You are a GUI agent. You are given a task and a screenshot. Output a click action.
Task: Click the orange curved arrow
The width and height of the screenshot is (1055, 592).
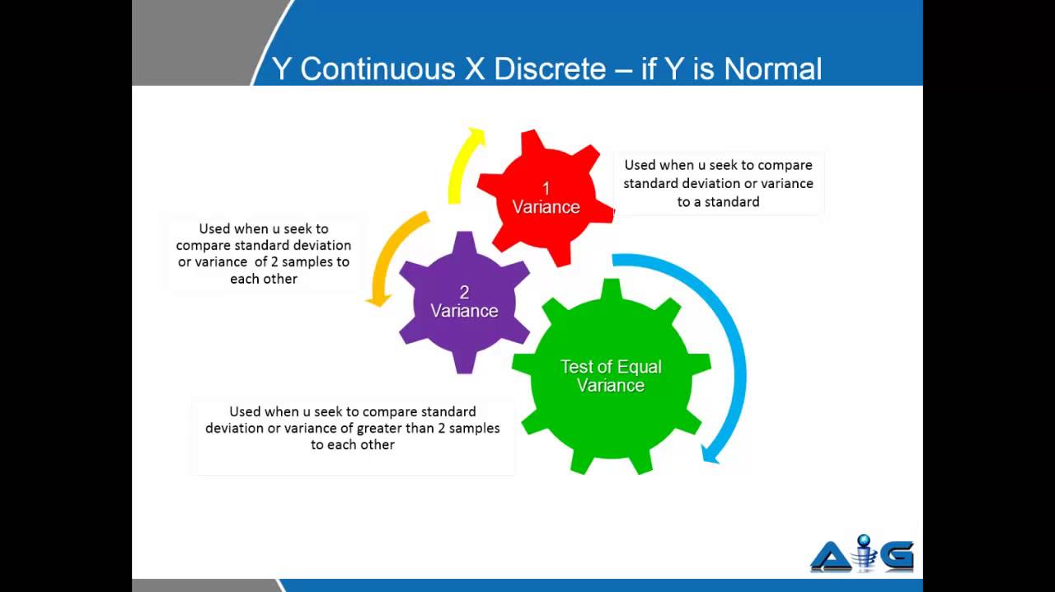(x=389, y=256)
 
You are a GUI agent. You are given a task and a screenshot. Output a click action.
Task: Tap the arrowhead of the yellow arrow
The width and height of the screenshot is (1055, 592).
(x=475, y=135)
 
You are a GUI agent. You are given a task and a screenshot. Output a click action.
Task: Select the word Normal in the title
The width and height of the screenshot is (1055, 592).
(x=773, y=68)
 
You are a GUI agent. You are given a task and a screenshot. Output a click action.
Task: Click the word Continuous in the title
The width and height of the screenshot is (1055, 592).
(x=377, y=68)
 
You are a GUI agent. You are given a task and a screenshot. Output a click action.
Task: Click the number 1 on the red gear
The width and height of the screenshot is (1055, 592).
(x=545, y=189)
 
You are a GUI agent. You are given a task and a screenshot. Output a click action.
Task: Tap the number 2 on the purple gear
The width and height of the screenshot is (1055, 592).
(x=464, y=293)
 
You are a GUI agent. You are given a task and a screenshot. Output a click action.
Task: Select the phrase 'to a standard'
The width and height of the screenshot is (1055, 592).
(x=718, y=201)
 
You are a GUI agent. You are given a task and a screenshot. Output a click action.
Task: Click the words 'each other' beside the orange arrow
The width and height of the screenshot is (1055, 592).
(x=264, y=279)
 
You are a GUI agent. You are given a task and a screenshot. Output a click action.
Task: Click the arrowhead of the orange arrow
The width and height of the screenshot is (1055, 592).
(x=377, y=299)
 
